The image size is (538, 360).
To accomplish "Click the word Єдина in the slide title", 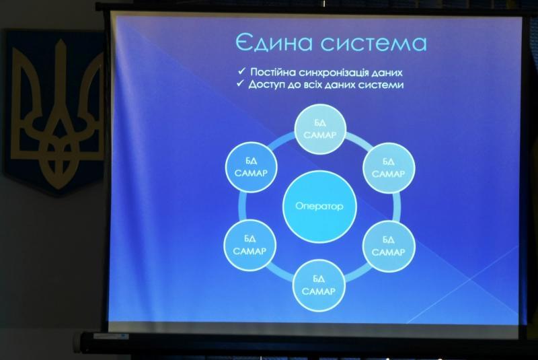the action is pos(274,43).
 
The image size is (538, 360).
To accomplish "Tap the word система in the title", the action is pos(374,44).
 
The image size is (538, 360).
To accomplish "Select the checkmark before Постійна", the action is pos(241,71).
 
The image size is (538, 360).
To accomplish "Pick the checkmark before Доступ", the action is pos(241,83).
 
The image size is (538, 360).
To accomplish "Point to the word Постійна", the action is pos(273,72).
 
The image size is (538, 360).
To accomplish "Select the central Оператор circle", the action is pos(320,207).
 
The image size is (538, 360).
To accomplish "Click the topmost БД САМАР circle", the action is pos(320,129).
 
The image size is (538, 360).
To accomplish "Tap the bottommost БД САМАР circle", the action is pos(319,285).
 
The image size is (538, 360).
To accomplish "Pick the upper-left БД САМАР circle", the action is pos(251,168).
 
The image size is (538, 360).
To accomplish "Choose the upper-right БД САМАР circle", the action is pos(389,168).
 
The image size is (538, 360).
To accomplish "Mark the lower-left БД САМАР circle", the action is pos(249,246).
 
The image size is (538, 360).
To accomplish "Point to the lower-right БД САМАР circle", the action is pos(389,246).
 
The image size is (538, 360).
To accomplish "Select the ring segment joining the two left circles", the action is pos(242,207).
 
